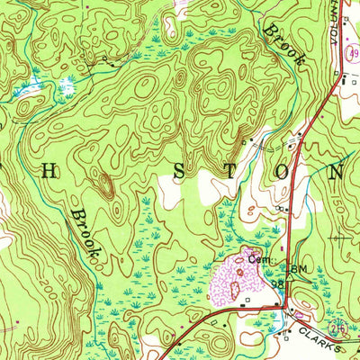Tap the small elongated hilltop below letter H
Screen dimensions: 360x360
(105, 186)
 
